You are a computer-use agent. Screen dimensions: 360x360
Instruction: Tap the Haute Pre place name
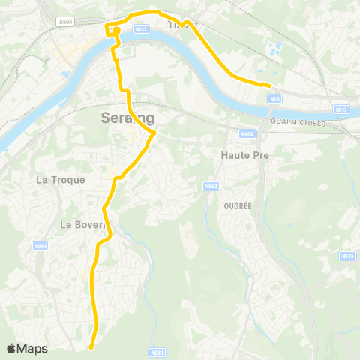[x=244, y=154]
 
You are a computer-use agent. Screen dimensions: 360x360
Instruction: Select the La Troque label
[x=61, y=180]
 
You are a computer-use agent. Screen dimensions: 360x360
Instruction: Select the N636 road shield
[x=346, y=255]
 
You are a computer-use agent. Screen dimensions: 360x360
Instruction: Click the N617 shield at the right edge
[x=342, y=109]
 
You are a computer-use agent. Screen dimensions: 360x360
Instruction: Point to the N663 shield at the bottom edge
[x=157, y=352]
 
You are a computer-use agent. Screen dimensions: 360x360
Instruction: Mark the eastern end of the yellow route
[x=268, y=84]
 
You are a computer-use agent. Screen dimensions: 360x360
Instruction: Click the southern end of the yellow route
[x=91, y=347]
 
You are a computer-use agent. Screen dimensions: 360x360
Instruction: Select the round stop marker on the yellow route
[x=116, y=31]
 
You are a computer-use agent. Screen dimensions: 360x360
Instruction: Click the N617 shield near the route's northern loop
[x=139, y=29]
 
